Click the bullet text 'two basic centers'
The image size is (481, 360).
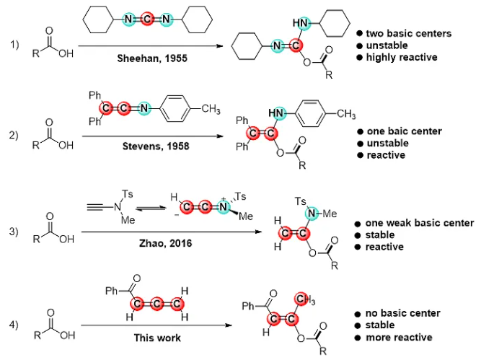coord(407,34)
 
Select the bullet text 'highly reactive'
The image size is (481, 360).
coord(402,57)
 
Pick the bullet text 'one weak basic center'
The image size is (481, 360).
coord(419,223)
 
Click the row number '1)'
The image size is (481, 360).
coord(14,45)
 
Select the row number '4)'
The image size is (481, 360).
coord(14,320)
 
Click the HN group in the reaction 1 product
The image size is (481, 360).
coord(297,25)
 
